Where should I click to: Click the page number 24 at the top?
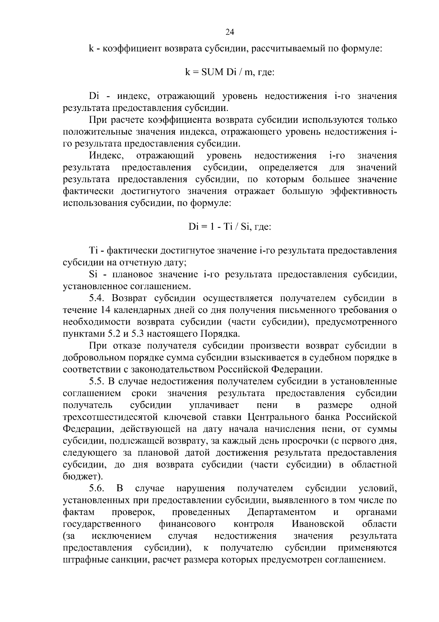230,32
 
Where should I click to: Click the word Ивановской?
318,524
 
